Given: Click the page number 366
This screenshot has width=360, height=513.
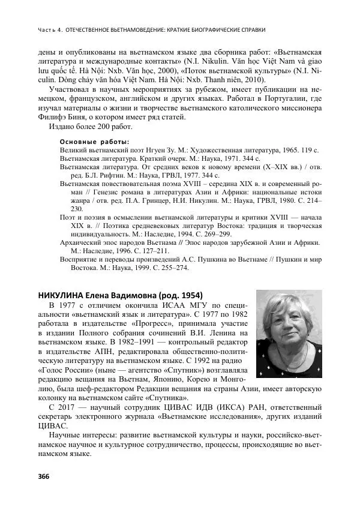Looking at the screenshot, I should [x=44, y=477].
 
